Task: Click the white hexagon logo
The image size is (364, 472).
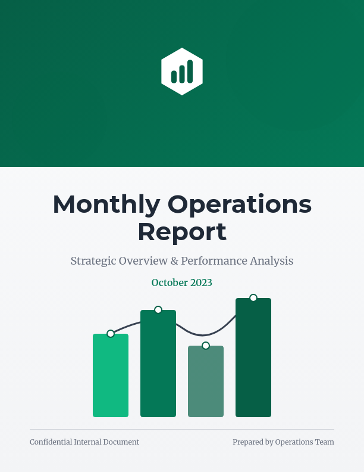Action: point(182,72)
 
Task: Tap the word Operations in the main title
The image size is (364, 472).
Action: point(239,204)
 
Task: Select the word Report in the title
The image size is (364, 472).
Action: point(182,232)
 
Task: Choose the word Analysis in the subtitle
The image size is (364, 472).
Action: point(272,261)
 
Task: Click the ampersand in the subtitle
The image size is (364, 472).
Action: point(173,261)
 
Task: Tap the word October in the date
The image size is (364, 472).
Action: point(170,282)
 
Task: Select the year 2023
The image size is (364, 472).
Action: point(201,282)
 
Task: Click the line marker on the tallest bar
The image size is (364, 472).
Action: point(253,298)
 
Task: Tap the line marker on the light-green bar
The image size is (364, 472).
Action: point(111,334)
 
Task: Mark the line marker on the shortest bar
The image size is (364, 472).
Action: point(206,346)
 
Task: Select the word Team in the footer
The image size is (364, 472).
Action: point(325,442)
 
